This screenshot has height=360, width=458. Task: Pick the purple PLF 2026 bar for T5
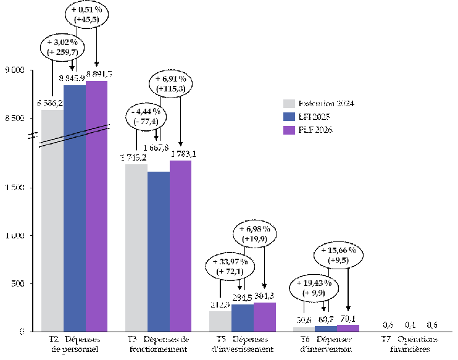265,317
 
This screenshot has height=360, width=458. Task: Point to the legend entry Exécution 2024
318,103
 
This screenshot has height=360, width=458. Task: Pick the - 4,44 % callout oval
146,116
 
